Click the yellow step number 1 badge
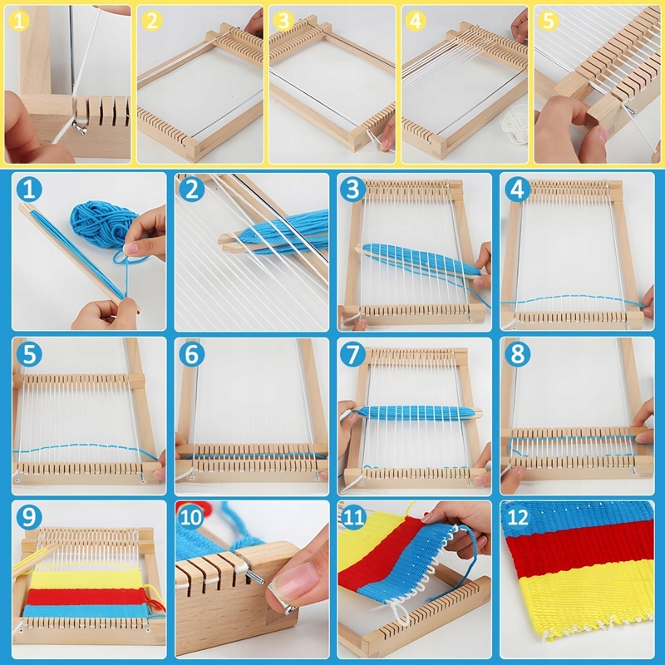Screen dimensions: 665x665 tap(18, 21)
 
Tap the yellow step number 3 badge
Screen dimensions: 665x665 tap(283, 21)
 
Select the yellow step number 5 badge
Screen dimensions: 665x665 tap(548, 21)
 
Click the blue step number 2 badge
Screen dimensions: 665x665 tap(192, 190)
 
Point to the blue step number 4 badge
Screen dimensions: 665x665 tap(517, 190)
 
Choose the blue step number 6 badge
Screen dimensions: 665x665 tap(192, 354)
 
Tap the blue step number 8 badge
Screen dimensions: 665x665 tap(517, 354)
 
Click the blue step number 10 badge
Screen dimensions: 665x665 tap(192, 517)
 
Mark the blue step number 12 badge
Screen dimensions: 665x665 tap(517, 517)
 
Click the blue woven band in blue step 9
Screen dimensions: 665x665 tap(85, 611)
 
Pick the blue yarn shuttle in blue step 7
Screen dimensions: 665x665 tap(416, 412)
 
